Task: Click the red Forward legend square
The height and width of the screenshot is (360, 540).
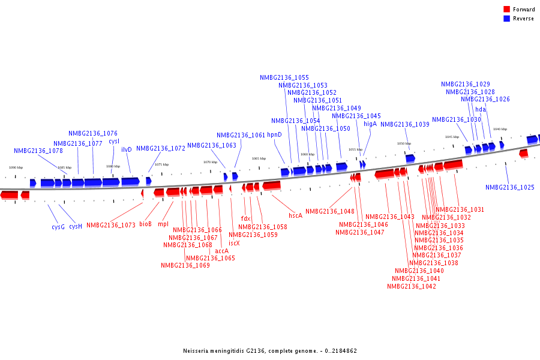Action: point(506,10)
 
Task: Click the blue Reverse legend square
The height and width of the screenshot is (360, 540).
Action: point(506,19)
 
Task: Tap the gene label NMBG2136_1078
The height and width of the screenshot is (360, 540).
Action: point(38,151)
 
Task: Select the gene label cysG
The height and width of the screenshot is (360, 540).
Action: point(58,227)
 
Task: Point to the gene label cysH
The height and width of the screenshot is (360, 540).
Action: point(76,227)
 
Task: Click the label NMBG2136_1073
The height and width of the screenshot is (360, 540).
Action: point(111,226)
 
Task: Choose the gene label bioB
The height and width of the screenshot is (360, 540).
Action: point(145,224)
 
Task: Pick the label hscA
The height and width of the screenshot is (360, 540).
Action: point(295,215)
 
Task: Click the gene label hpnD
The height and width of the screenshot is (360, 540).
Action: point(274,135)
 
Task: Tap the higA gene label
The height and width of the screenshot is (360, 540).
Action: point(370,124)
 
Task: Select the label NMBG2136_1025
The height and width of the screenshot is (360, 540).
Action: point(510,188)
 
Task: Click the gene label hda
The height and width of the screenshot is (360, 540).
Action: point(481,110)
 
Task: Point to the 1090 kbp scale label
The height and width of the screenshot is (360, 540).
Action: point(16,168)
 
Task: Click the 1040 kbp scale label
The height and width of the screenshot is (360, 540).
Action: point(500,129)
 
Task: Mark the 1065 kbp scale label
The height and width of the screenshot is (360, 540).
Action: point(259,159)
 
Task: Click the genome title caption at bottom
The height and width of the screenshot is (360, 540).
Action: point(270,351)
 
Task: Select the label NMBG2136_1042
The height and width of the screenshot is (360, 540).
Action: point(412,287)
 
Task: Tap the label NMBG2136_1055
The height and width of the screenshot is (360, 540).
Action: point(284,78)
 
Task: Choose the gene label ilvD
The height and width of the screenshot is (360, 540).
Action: point(127,149)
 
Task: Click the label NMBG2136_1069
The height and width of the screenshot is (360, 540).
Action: point(185,265)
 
